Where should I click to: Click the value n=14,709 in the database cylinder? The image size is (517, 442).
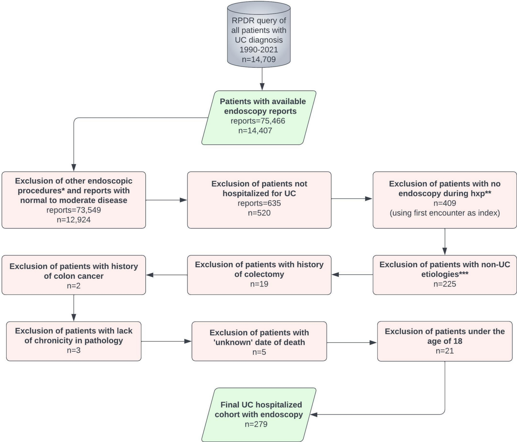259,59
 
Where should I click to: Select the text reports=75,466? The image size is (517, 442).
258,121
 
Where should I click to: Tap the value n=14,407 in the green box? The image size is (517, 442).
255,131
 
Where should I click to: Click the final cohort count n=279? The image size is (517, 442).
256,424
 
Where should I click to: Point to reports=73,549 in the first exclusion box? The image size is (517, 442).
74,210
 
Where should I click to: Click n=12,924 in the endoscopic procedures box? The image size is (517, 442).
74,220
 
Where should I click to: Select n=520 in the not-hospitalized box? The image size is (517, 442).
259,213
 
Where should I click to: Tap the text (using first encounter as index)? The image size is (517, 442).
445,213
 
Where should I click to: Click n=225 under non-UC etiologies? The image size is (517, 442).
445,284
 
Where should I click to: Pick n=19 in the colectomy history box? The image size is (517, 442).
259,284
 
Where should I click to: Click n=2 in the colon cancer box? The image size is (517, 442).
74,286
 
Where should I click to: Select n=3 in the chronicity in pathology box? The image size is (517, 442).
74,350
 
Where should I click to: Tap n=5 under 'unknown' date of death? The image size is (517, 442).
259,352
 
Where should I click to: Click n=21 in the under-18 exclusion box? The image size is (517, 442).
445,351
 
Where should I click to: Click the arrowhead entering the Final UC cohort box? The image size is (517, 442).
314,415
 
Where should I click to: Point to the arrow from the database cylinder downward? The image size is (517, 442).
262,79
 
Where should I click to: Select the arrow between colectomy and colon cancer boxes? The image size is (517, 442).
167,275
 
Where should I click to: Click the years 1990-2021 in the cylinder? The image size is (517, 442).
259,50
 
